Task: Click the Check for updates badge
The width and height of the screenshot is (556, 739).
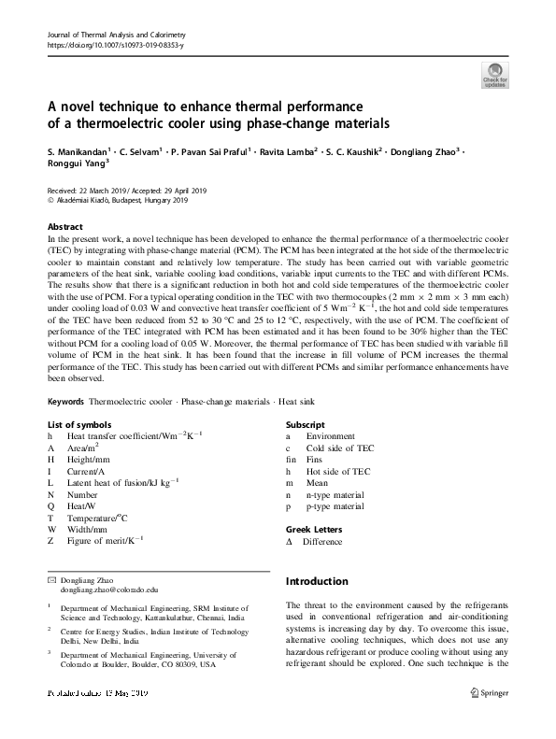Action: pos(494,75)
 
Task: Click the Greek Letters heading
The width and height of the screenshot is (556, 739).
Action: pos(313,530)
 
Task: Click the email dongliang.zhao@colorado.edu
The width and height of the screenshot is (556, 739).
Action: pos(110,590)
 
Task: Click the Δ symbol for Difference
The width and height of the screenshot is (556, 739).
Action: pos(290,542)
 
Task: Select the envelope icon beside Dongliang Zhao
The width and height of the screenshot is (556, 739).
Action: pos(51,580)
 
